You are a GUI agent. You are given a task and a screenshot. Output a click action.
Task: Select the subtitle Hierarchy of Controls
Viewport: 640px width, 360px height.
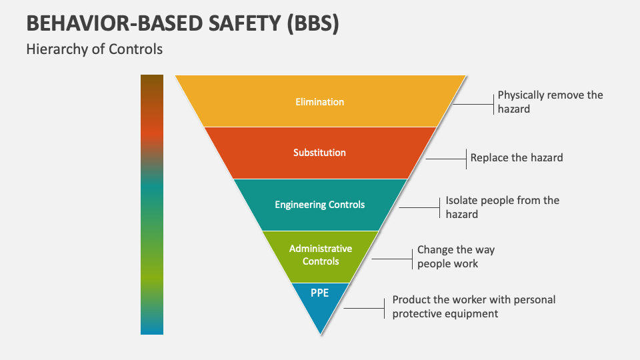(x=94, y=49)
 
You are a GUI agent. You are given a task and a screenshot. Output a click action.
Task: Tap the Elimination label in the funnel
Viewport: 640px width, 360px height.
(x=320, y=102)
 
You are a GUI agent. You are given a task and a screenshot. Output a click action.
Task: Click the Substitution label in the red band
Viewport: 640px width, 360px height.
(x=320, y=153)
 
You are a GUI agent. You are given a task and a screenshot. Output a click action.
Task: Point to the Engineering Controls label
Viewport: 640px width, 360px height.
(x=320, y=205)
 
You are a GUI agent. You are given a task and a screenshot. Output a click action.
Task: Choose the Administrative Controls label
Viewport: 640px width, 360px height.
(x=320, y=255)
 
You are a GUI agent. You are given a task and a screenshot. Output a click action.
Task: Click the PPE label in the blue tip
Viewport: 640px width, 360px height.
(x=320, y=293)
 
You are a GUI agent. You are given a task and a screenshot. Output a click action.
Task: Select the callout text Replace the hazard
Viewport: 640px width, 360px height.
(x=517, y=158)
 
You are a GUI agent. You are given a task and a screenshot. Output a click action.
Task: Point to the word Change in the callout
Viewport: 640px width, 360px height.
(x=435, y=250)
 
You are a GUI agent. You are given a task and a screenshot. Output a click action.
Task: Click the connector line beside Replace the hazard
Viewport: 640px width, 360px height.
(x=445, y=159)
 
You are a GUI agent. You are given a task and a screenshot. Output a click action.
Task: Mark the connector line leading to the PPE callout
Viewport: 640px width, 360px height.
(x=363, y=307)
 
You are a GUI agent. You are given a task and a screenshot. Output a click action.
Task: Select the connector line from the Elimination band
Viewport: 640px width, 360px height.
(x=473, y=103)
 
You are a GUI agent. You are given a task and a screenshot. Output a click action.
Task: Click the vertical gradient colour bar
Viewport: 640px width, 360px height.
(x=152, y=204)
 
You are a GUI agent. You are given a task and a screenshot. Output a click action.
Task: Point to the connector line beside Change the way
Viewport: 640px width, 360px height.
(x=392, y=257)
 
